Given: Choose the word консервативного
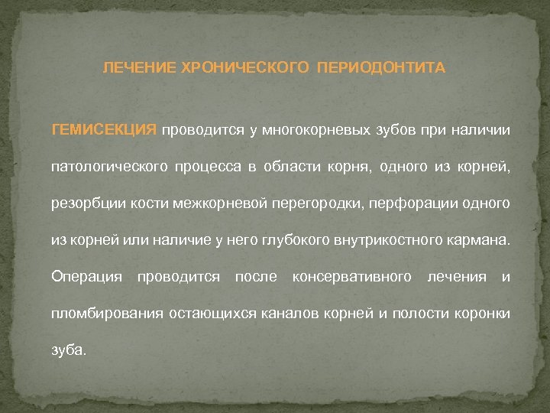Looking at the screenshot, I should pyautogui.click(x=351, y=275).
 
